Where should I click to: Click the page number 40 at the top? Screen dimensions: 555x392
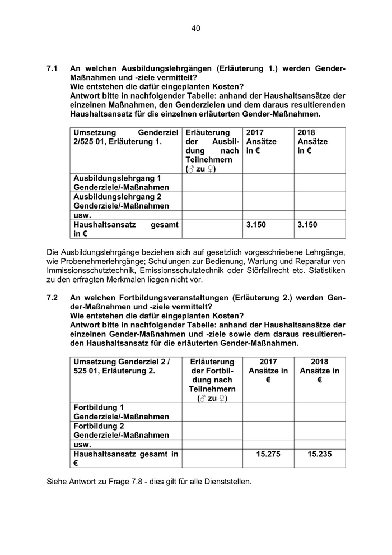tap(195, 28)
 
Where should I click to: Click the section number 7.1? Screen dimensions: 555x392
tap(53, 68)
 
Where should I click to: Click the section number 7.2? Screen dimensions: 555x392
tap(53, 298)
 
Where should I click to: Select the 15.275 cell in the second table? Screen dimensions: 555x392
tap(268, 454)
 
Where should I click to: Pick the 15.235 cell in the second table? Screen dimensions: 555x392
tap(319, 454)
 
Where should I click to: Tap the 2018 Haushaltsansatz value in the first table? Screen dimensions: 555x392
tap(307, 225)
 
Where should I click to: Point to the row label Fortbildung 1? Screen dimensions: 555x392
tap(99, 408)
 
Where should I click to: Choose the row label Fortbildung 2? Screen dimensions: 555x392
tap(99, 426)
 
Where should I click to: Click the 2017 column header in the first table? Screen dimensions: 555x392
tap(255, 132)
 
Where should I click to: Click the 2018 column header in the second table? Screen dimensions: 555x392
tap(319, 362)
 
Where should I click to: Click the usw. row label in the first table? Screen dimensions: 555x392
tap(82, 215)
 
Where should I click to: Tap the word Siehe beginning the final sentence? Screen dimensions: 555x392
tap(57, 481)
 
